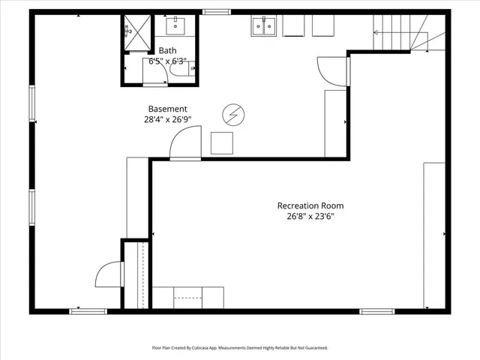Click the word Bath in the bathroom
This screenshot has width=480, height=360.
167,51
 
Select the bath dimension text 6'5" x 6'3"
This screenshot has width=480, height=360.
169,61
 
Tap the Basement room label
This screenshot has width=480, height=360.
167,109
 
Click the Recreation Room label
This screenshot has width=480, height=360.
310,205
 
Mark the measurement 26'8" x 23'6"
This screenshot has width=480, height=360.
310,217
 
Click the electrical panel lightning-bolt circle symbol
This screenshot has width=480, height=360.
232,115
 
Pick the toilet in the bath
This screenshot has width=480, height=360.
181,70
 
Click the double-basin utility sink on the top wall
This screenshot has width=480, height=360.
263,27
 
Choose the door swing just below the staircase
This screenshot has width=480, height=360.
333,70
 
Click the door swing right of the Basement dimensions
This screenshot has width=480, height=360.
186,142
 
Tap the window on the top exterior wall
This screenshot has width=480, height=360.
216,12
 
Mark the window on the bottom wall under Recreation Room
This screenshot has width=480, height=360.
376,310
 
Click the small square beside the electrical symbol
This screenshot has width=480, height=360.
222,142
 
